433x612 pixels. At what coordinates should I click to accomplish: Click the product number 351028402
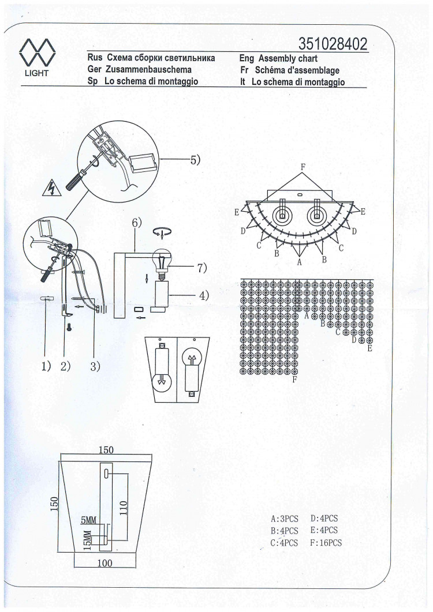coord(333,44)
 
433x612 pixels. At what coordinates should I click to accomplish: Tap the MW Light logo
coord(37,57)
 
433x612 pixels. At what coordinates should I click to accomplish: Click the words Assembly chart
coord(288,58)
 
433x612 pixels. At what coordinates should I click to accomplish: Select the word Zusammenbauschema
coord(148,70)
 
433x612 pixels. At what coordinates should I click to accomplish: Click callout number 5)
coord(195,160)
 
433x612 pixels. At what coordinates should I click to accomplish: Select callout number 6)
coord(137,223)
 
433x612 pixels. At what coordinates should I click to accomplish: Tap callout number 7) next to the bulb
coord(201,268)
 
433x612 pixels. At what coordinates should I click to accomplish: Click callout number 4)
coord(204,295)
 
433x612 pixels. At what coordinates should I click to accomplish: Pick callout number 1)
coord(46,366)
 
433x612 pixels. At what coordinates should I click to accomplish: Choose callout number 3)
coord(95,366)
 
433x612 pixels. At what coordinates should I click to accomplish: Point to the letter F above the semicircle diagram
coord(303,167)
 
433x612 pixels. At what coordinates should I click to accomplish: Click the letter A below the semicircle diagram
coord(300,262)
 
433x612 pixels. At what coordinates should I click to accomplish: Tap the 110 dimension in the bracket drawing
coord(124,508)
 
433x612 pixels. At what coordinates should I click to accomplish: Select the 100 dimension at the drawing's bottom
coord(104,563)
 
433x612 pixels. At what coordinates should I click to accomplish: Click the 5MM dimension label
coord(88,520)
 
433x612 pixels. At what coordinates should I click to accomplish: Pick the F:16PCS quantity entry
coord(326,543)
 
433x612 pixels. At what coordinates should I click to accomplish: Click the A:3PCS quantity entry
coord(285,519)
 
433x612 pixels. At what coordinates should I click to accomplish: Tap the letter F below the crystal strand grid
coord(295,379)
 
